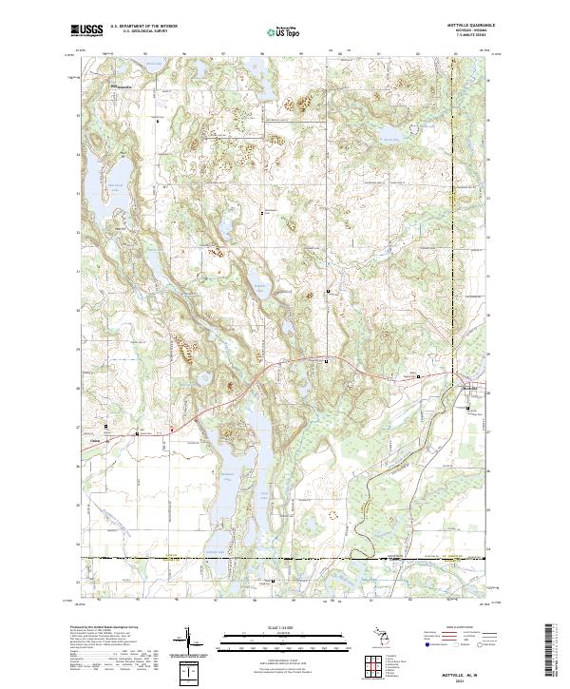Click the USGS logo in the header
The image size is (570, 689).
[x=84, y=30]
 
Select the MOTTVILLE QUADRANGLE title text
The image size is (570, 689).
[x=463, y=26]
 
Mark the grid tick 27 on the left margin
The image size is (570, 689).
[x=77, y=428]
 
